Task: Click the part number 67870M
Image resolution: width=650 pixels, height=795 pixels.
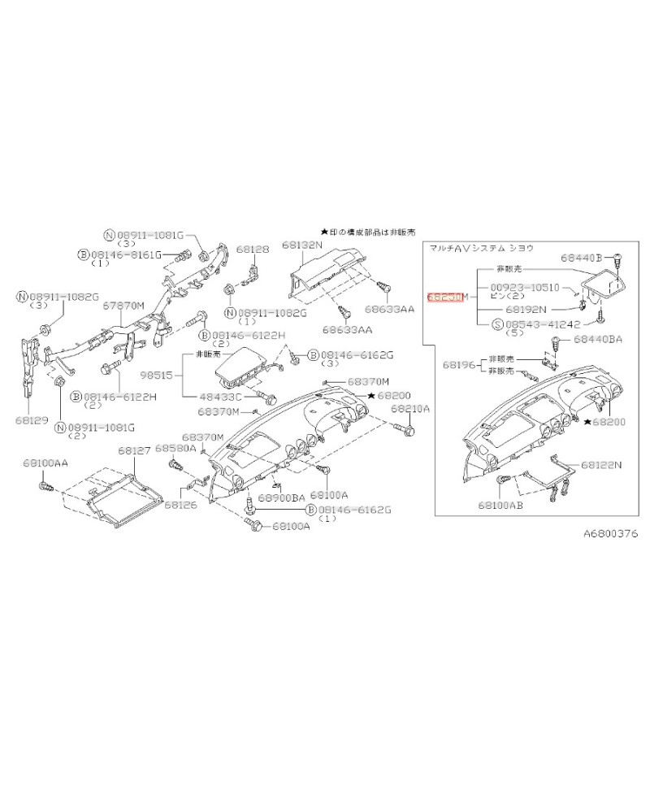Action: point(123,306)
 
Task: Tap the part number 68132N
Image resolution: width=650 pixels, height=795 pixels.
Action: point(302,244)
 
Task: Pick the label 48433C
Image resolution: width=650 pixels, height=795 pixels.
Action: point(219,397)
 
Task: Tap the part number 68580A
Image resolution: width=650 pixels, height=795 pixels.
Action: point(175,448)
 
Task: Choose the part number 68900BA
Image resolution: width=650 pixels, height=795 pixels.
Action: point(281,497)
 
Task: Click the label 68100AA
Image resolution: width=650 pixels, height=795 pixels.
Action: point(45,463)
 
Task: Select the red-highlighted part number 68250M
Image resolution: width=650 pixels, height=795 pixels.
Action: point(447,298)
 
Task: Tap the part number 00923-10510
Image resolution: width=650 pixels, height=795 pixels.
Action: point(524,288)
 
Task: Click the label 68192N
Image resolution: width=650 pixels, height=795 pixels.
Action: point(526,310)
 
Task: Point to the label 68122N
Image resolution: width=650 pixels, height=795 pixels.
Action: point(600,465)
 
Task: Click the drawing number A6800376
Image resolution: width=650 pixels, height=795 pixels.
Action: point(611,534)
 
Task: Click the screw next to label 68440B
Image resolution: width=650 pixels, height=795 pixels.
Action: point(619,258)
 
